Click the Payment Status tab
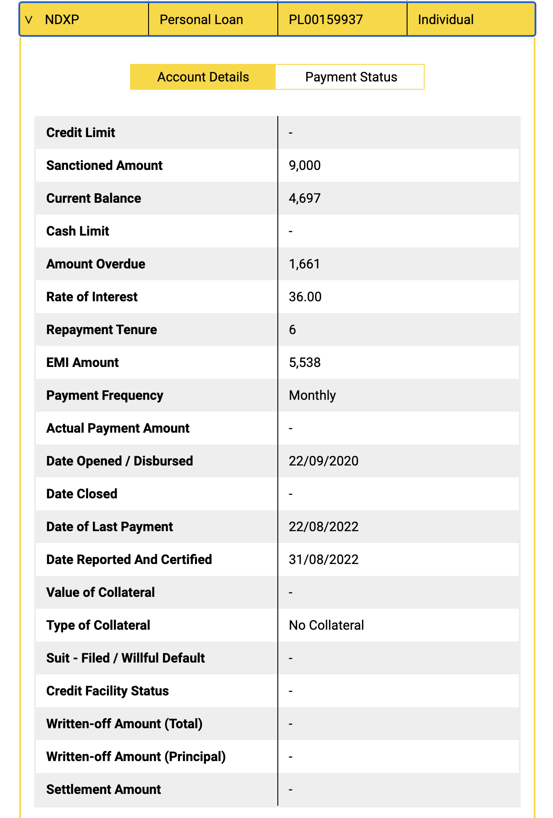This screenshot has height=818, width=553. pyautogui.click(x=351, y=77)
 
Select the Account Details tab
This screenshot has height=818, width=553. pyautogui.click(x=203, y=77)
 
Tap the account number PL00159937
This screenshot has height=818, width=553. pyautogui.click(x=326, y=20)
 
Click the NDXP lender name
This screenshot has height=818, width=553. pyautogui.click(x=62, y=20)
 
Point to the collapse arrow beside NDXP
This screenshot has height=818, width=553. pyautogui.click(x=29, y=20)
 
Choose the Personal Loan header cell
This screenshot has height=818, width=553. pyautogui.click(x=201, y=20)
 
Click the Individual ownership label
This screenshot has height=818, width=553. pyautogui.click(x=446, y=20)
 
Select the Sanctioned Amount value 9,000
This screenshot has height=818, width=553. pyautogui.click(x=305, y=166)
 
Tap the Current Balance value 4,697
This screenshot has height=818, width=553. pyautogui.click(x=305, y=198)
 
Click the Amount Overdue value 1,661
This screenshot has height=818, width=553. pyautogui.click(x=304, y=264)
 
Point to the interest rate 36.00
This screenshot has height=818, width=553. pyautogui.click(x=305, y=297)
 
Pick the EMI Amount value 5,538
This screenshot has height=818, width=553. pyautogui.click(x=305, y=363)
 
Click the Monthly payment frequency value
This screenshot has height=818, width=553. pyautogui.click(x=312, y=395)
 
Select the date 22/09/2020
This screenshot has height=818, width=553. pyautogui.click(x=323, y=461)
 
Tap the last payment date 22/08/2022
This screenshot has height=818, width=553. pyautogui.click(x=323, y=527)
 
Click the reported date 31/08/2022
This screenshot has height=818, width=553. pyautogui.click(x=323, y=560)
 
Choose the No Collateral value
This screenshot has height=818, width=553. pyautogui.click(x=326, y=625)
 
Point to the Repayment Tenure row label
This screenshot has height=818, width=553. pyautogui.click(x=101, y=330)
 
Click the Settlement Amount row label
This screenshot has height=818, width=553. pyautogui.click(x=103, y=790)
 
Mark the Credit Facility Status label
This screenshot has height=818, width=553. pyautogui.click(x=107, y=691)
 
